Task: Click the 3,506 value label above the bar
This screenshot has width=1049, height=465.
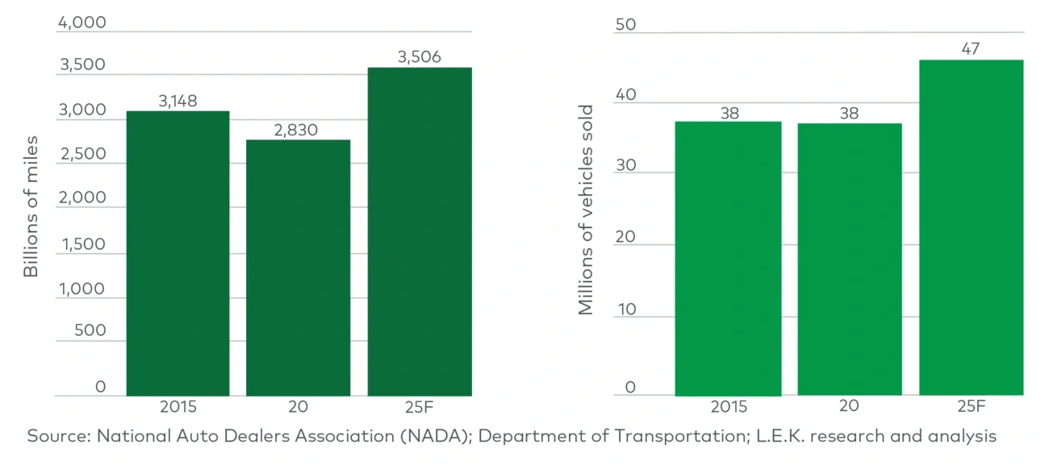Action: [419, 57]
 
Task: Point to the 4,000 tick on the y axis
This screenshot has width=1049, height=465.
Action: [81, 23]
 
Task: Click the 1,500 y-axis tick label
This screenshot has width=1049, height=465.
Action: [81, 244]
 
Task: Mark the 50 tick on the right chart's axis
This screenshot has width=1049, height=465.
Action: [625, 25]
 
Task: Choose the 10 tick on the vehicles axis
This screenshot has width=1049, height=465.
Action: [625, 309]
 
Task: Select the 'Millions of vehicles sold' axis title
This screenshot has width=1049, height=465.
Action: [586, 210]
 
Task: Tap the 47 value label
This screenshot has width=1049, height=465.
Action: [971, 49]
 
